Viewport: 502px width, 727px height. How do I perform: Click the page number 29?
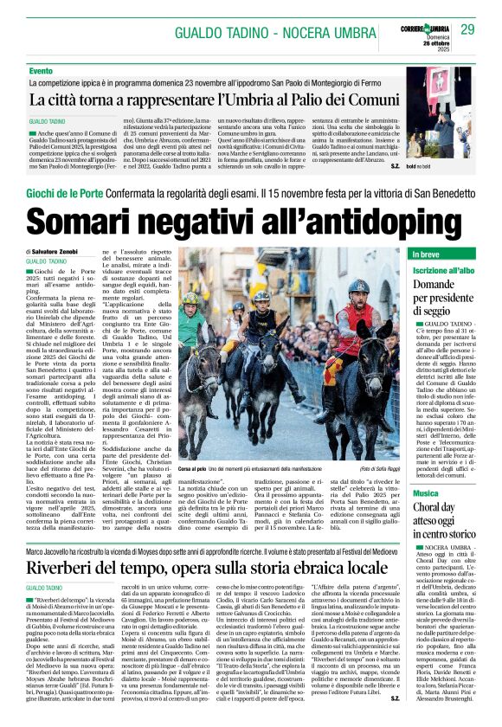[x=468, y=29]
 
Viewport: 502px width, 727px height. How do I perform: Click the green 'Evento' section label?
[x=41, y=70]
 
